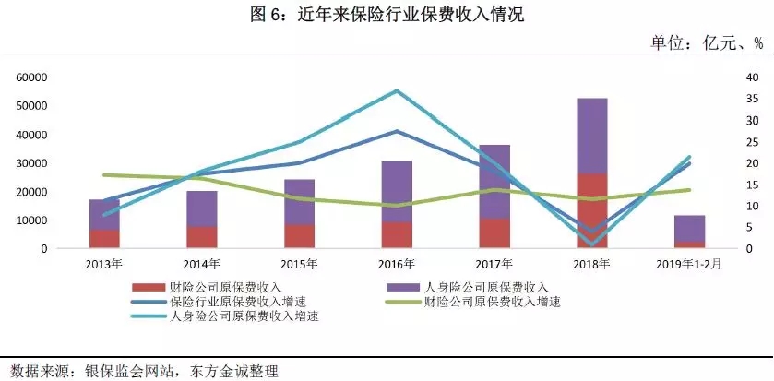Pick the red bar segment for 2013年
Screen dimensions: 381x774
104,239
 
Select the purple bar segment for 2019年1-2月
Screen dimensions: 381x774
690,229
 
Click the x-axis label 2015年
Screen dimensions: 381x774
299,264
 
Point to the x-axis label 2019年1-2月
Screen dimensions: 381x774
690,264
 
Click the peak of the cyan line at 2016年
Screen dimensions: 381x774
397,90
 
